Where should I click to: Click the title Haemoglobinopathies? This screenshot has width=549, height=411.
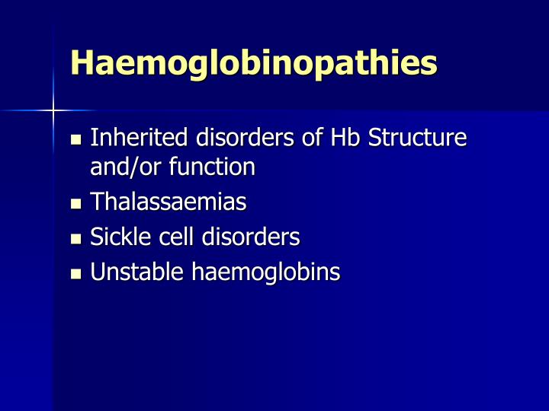tap(253, 63)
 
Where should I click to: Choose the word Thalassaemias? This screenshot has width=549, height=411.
tap(169, 202)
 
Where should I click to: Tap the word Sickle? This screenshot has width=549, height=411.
tap(117, 237)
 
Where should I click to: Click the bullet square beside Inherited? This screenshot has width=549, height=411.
tap(75, 140)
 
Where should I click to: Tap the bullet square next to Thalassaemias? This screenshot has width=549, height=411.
tap(75, 204)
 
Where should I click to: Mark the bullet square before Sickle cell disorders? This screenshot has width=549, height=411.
tap(75, 239)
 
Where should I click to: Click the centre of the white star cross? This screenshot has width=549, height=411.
tap(53, 110)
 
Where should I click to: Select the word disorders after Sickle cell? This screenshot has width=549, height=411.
tap(251, 237)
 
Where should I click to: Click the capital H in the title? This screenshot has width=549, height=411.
tap(81, 63)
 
